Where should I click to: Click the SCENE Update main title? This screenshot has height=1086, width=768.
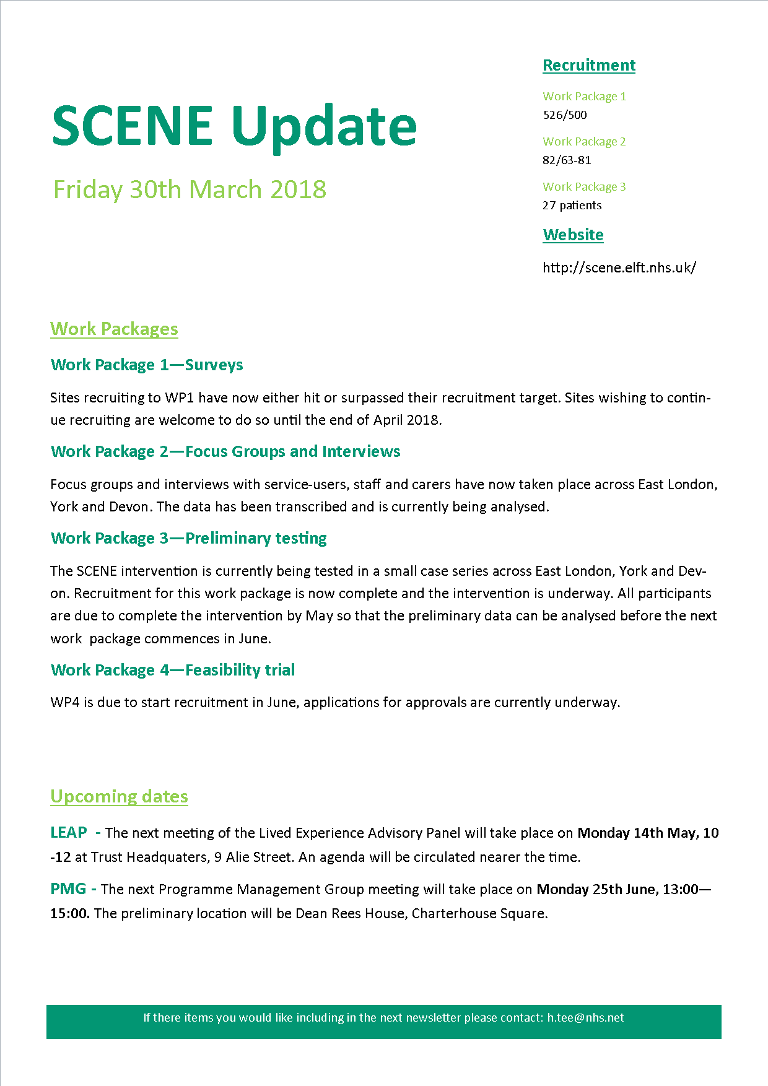tap(234, 126)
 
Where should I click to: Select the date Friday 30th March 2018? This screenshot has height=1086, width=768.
tap(190, 189)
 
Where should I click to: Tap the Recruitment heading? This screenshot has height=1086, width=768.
tap(589, 65)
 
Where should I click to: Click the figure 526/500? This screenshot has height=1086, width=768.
tap(565, 115)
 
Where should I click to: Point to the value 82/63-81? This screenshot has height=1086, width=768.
tap(567, 160)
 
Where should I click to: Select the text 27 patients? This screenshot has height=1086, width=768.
tap(572, 205)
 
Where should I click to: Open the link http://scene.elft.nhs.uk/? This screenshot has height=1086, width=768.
tap(619, 267)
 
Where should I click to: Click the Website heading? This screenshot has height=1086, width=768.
tap(573, 235)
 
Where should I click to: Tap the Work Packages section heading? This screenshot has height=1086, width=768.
tap(114, 329)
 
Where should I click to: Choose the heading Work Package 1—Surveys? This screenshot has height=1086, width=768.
tap(147, 365)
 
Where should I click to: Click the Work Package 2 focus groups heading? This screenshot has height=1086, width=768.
tap(225, 451)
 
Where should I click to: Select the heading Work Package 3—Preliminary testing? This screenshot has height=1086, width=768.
tap(189, 538)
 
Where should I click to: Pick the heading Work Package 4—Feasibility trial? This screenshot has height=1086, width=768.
tap(173, 670)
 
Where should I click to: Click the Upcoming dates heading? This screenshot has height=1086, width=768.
tap(119, 796)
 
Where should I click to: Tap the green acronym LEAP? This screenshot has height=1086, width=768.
tap(69, 833)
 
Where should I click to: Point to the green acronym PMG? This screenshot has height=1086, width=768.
tap(68, 889)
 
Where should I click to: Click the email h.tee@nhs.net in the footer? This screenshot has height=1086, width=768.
tap(585, 1017)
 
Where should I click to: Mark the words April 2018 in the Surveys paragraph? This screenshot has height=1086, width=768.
tap(406, 420)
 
